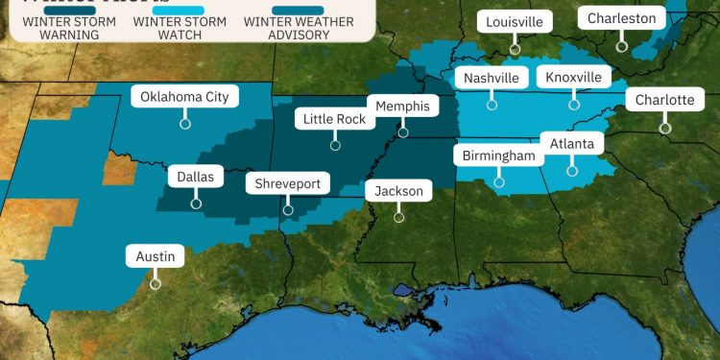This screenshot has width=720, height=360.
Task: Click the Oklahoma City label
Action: [x=184, y=96]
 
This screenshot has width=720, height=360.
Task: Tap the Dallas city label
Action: [x=196, y=177]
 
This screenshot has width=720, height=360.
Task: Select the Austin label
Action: [x=155, y=256]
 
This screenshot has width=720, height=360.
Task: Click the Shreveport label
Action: [x=288, y=183]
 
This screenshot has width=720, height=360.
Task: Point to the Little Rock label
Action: [x=335, y=120]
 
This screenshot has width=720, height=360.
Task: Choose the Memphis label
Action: [x=403, y=106]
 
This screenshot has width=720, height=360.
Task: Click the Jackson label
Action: [x=398, y=191]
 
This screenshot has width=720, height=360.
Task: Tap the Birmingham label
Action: [x=498, y=156]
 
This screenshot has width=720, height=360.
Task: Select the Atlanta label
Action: [x=572, y=145]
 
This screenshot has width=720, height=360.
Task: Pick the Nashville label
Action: [x=491, y=78]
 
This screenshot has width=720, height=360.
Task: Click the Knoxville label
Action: [x=574, y=78]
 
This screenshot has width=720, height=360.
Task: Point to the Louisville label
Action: [x=515, y=21]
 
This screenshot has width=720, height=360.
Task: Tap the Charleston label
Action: [x=622, y=18]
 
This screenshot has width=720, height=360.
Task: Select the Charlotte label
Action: [x=664, y=100]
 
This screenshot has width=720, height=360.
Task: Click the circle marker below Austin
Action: [x=155, y=283]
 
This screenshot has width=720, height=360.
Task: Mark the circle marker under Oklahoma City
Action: [x=184, y=123]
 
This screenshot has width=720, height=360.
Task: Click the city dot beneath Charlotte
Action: [x=664, y=127]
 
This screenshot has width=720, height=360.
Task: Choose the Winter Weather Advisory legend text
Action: [x=300, y=28]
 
